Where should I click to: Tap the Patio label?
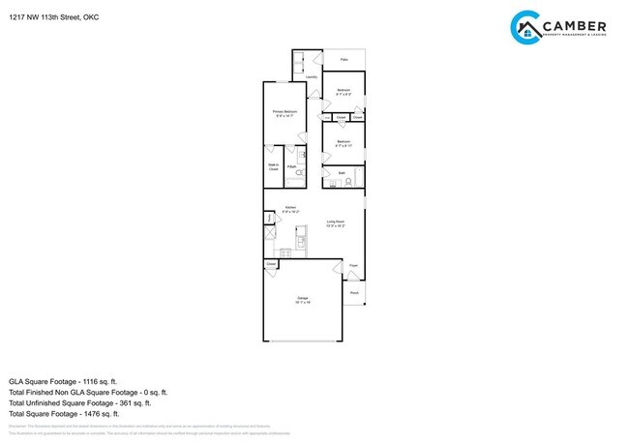click(344, 58)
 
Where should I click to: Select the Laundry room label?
click(312, 77)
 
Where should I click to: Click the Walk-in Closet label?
click(272, 167)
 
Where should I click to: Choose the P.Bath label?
click(290, 166)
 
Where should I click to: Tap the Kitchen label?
click(290, 208)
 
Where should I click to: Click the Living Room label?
click(336, 223)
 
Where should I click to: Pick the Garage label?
click(303, 300)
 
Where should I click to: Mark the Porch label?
click(354, 292)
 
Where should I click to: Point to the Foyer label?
click(354, 265)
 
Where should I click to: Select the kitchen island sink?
click(302, 240)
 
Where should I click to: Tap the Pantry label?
click(269, 220)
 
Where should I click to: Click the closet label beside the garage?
click(271, 263)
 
